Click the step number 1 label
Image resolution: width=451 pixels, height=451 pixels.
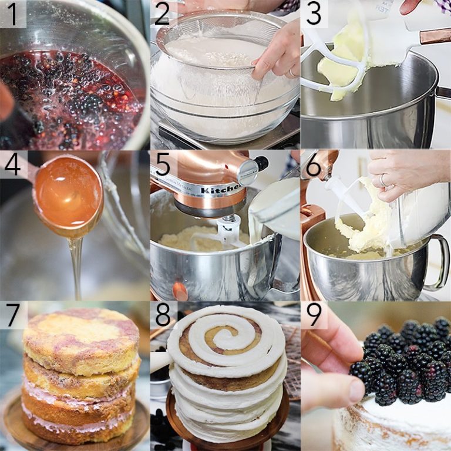(12, 14)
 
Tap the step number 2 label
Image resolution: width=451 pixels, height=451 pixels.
(163, 14)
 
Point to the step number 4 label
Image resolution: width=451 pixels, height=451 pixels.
(12, 165)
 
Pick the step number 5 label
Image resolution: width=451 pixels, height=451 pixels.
(163, 165)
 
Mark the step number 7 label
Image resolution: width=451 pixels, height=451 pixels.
(12, 315)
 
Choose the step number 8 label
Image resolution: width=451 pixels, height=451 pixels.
(163, 316)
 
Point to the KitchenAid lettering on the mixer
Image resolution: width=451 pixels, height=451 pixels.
(221, 190)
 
